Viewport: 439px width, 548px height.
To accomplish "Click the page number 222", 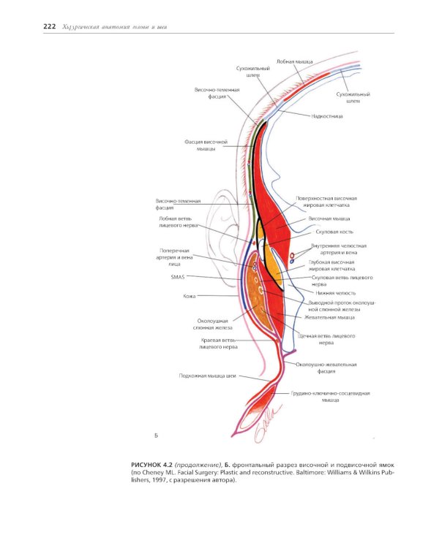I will click(50, 27).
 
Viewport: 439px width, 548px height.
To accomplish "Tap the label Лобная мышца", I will click(295, 61).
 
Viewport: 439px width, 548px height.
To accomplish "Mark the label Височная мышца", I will click(329, 218).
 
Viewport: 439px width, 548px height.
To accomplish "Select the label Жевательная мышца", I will click(329, 317).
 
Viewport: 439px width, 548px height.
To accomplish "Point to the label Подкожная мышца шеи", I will click(209, 376).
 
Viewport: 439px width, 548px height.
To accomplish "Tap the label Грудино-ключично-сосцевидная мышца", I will click(330, 396).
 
